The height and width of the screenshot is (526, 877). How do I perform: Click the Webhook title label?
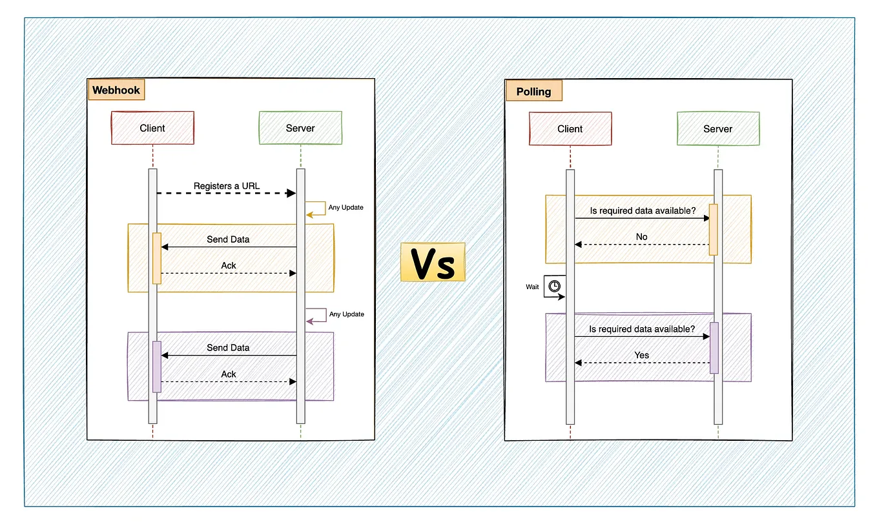coord(116,90)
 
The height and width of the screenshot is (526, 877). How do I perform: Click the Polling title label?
coord(533,91)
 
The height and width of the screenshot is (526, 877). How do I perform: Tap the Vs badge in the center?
coord(432,262)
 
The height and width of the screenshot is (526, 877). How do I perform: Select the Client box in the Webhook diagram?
coord(152,128)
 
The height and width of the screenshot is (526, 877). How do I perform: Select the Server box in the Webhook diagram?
coord(300,128)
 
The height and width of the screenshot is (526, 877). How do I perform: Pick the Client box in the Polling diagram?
coord(570,128)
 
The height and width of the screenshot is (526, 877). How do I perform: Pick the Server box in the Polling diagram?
coord(717,128)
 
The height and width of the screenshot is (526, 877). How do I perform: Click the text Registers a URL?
coord(227,186)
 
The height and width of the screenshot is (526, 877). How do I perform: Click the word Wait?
coord(532,287)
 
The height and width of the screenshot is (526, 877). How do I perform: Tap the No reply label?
coord(641,237)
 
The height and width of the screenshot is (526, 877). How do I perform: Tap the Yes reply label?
coord(642,355)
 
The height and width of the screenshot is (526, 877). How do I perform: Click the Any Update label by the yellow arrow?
coord(346,208)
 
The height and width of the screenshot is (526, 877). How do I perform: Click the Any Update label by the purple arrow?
coord(346,314)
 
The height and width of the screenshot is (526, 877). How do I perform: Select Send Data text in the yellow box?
coord(228,239)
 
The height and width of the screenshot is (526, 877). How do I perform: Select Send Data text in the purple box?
coord(228,348)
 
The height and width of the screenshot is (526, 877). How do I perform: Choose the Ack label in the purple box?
coord(229,374)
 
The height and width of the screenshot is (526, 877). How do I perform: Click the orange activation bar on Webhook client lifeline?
coord(156,258)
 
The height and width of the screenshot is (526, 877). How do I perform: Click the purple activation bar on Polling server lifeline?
coord(714,347)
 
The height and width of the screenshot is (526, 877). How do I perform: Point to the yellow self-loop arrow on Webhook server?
coord(316,208)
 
